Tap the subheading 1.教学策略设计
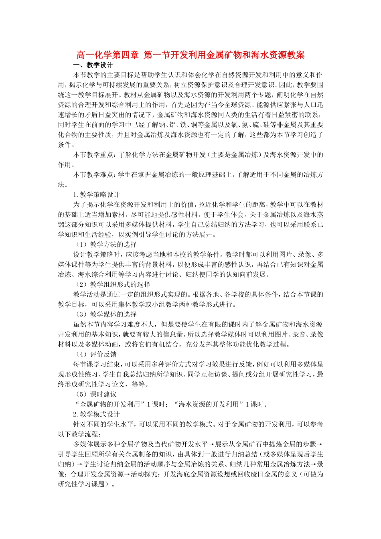tap(96, 195)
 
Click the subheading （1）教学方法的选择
tap(106, 245)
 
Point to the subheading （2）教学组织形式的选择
tap(113, 284)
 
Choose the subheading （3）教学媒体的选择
tap(106, 314)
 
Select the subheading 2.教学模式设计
tap(96, 414)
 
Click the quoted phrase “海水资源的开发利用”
tap(209, 404)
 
